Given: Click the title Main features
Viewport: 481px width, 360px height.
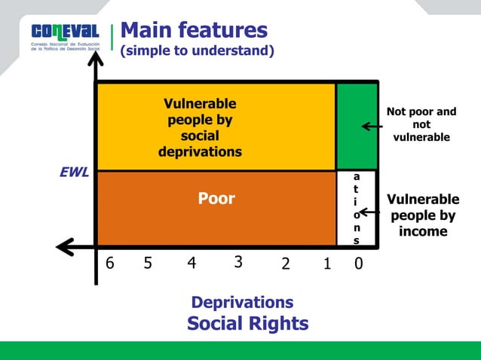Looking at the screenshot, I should (x=194, y=30).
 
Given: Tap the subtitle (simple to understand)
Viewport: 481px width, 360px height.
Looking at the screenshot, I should (x=197, y=51).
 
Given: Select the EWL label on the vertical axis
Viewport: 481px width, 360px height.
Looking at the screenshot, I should (x=74, y=172).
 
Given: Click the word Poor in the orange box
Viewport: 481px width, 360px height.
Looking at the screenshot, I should (x=216, y=199).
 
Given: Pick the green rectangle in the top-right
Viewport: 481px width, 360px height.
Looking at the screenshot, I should (x=357, y=127).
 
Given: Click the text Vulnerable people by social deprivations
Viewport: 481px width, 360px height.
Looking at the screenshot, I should (x=200, y=128).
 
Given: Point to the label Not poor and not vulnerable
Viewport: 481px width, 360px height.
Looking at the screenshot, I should (x=421, y=124).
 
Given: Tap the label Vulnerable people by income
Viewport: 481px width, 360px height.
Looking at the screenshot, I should (x=422, y=215).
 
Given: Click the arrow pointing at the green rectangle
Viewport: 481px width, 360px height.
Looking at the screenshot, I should (x=372, y=126).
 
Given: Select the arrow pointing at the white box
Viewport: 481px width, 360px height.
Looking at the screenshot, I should (x=369, y=213).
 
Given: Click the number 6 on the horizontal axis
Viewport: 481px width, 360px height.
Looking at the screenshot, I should (x=110, y=264).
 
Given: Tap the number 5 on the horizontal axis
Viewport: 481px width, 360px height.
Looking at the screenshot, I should (x=148, y=264).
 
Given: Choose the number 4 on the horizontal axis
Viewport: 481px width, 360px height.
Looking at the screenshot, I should (x=191, y=264).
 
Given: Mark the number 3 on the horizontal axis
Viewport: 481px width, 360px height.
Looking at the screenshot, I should (x=237, y=262).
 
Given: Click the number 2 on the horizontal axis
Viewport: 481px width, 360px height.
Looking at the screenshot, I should (x=285, y=264).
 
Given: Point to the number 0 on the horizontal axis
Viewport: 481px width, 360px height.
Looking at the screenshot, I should (x=358, y=264).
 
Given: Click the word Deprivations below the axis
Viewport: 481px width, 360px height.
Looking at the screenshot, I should (x=242, y=303).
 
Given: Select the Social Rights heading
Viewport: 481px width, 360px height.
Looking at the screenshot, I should (x=247, y=324).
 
